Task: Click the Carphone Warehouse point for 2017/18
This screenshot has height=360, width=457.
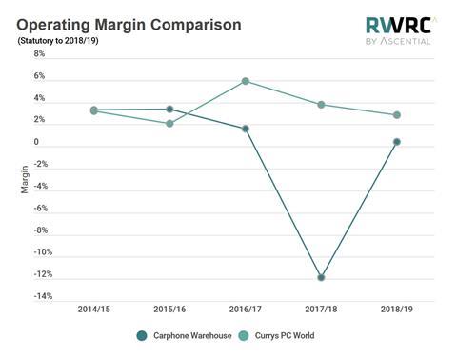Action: (x=322, y=277)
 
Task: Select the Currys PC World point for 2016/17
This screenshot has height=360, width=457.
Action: (x=246, y=81)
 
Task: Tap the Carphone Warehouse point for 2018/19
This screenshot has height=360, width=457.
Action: (x=397, y=142)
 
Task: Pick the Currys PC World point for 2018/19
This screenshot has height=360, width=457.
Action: (x=397, y=115)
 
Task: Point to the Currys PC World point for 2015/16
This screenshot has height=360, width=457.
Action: (x=169, y=124)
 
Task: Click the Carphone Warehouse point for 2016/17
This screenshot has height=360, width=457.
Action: (x=246, y=129)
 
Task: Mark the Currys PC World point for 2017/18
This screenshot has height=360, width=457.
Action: (x=322, y=104)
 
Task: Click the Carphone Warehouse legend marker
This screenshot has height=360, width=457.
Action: (x=142, y=335)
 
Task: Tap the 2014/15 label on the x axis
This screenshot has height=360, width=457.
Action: (x=93, y=310)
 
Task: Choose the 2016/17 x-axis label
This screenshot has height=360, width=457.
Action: (x=246, y=310)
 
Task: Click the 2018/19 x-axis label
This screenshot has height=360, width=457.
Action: (x=397, y=310)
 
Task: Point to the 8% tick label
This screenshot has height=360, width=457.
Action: (x=39, y=54)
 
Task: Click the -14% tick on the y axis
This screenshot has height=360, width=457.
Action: (x=35, y=296)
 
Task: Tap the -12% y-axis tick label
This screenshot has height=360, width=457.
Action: (x=35, y=274)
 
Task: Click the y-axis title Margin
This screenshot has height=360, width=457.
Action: (x=25, y=179)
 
